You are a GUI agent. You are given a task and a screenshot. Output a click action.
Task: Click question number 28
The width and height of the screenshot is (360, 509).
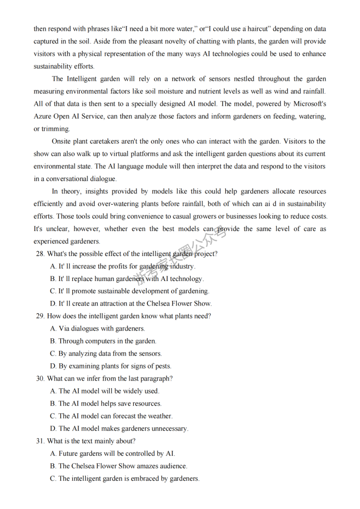(40, 254)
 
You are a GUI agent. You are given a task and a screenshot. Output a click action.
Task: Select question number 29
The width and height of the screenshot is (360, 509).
(40, 316)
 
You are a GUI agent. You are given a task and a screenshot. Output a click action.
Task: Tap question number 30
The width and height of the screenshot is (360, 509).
(40, 379)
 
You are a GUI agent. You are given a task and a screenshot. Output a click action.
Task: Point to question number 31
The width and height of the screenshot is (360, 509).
(40, 441)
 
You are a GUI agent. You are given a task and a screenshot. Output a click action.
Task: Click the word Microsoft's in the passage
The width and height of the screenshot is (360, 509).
(310, 104)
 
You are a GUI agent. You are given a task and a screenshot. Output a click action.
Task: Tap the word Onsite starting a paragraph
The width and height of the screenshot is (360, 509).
(62, 141)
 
